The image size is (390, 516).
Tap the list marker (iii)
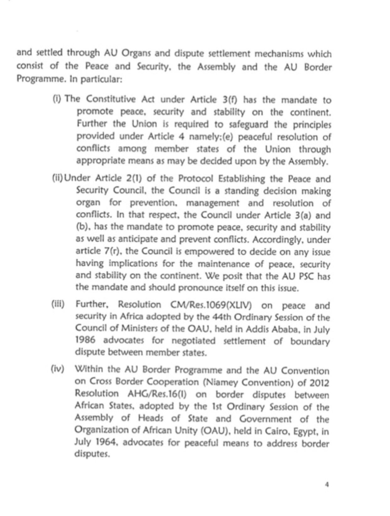coord(58,304)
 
